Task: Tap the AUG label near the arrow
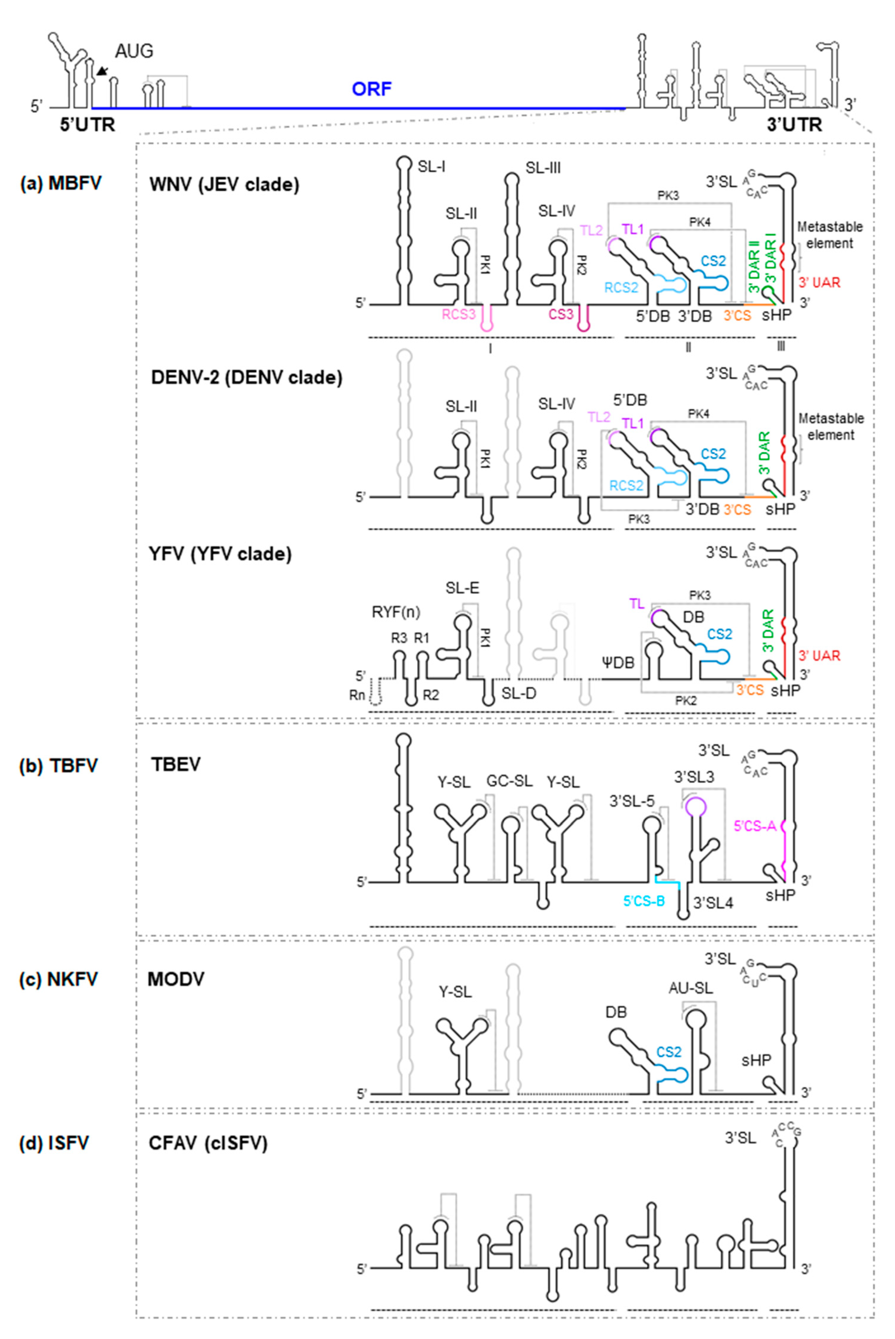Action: point(134,51)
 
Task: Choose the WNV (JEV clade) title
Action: point(224,185)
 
